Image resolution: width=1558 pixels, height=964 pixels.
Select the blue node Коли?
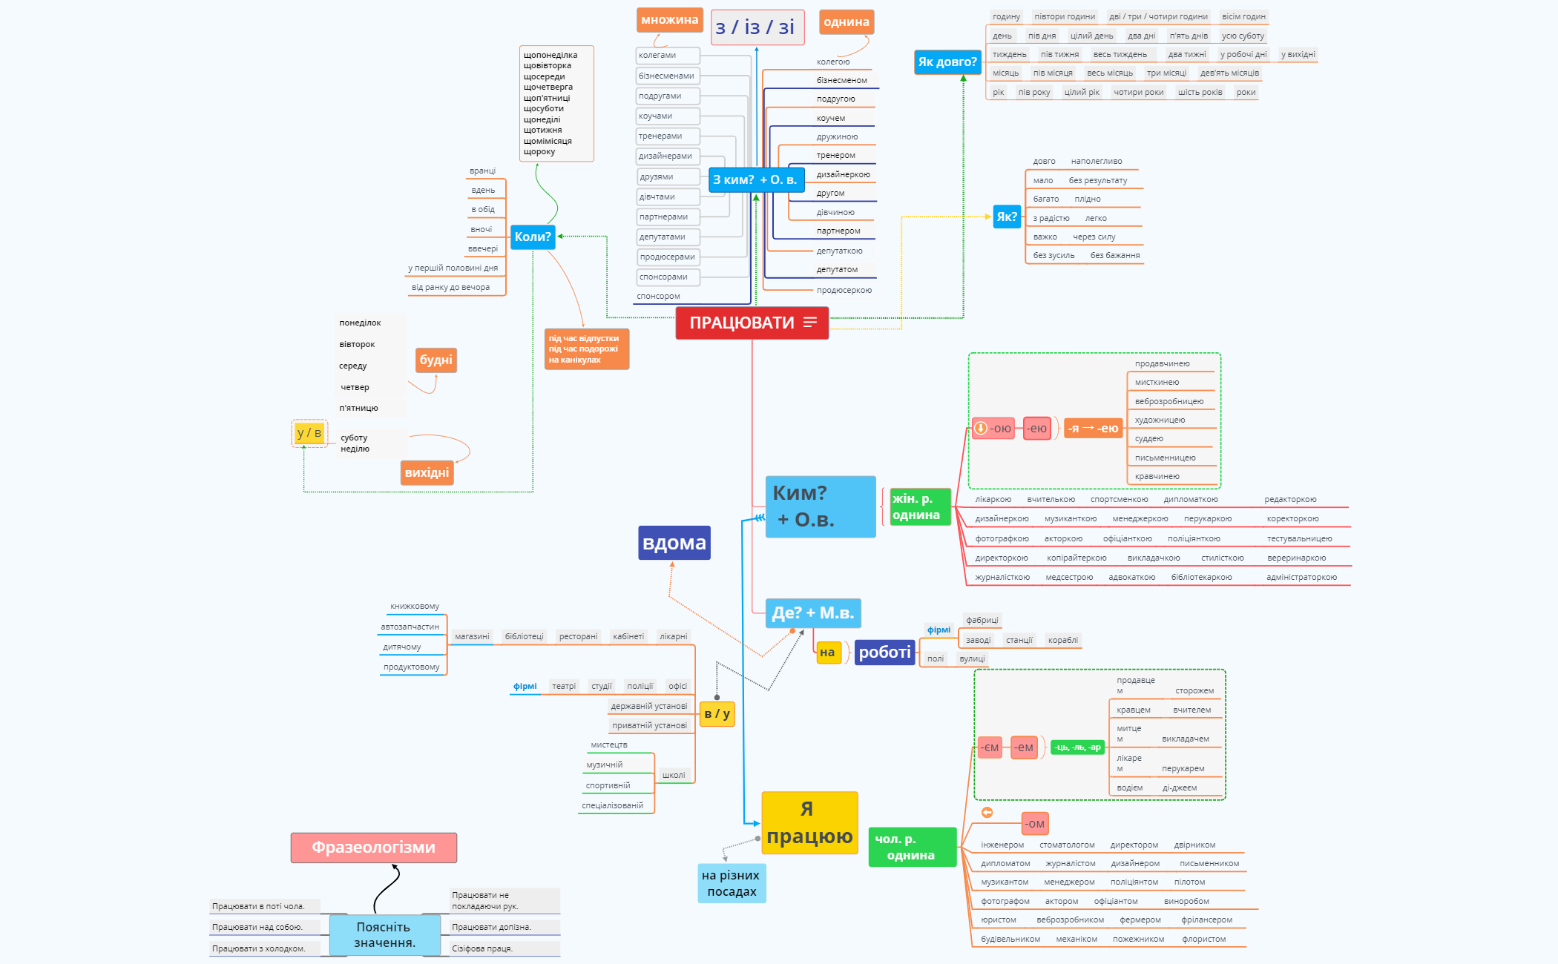pos(533,237)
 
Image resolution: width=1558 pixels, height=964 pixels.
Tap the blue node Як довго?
pos(947,62)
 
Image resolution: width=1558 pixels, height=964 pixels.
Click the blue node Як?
pos(1007,217)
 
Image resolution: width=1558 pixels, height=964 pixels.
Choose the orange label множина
pos(669,20)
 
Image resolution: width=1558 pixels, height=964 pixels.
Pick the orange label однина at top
pos(846,22)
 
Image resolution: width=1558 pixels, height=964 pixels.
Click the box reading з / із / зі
pos(755,28)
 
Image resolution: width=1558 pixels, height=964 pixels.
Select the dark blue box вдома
pos(674,543)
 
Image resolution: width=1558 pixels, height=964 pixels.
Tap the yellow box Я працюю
pos(809,823)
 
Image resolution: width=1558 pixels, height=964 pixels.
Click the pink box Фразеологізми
pos(373,848)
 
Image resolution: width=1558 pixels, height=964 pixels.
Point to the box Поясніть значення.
pos(384,934)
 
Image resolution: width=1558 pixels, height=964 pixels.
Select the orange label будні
pos(435,360)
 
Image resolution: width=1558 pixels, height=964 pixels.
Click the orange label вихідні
pos(427,473)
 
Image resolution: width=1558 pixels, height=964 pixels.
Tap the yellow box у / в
pos(309,433)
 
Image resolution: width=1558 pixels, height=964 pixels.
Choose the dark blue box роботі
pos(884,653)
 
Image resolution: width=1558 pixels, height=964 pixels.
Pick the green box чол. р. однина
pos(911,847)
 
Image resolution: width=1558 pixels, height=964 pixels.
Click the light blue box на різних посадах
pos(732,883)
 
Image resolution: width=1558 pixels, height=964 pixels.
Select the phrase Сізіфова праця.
pos(482,948)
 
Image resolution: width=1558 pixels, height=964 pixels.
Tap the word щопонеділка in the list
pos(550,55)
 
